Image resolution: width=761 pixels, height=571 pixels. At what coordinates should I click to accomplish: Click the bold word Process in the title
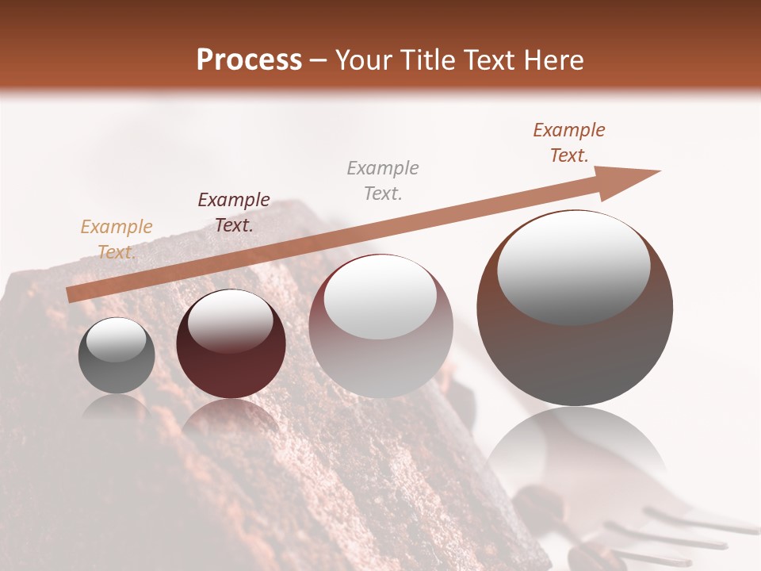(x=249, y=60)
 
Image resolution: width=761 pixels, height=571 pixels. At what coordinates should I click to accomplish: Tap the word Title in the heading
(x=425, y=60)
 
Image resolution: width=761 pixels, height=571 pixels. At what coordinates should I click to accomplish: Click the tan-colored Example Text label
(x=117, y=240)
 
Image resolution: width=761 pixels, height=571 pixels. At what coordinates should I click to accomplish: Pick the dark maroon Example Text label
(x=234, y=213)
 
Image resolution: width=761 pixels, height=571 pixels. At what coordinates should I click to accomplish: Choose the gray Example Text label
(x=383, y=180)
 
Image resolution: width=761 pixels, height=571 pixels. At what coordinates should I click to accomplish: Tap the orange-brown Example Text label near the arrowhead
(x=568, y=143)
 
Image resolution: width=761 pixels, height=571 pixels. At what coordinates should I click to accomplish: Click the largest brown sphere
(x=575, y=349)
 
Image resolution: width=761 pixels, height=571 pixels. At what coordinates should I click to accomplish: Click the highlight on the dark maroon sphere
(x=230, y=321)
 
